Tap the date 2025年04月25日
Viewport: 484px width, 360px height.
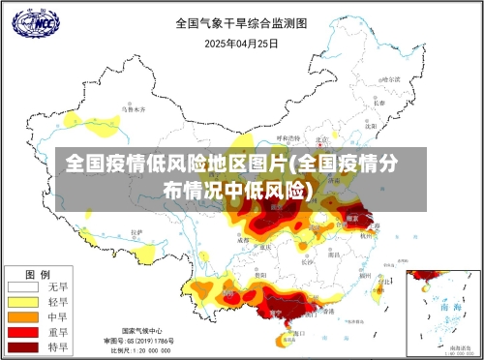(x=241, y=43)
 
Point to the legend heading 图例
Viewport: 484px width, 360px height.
(x=37, y=273)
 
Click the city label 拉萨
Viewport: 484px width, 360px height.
(x=136, y=233)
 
